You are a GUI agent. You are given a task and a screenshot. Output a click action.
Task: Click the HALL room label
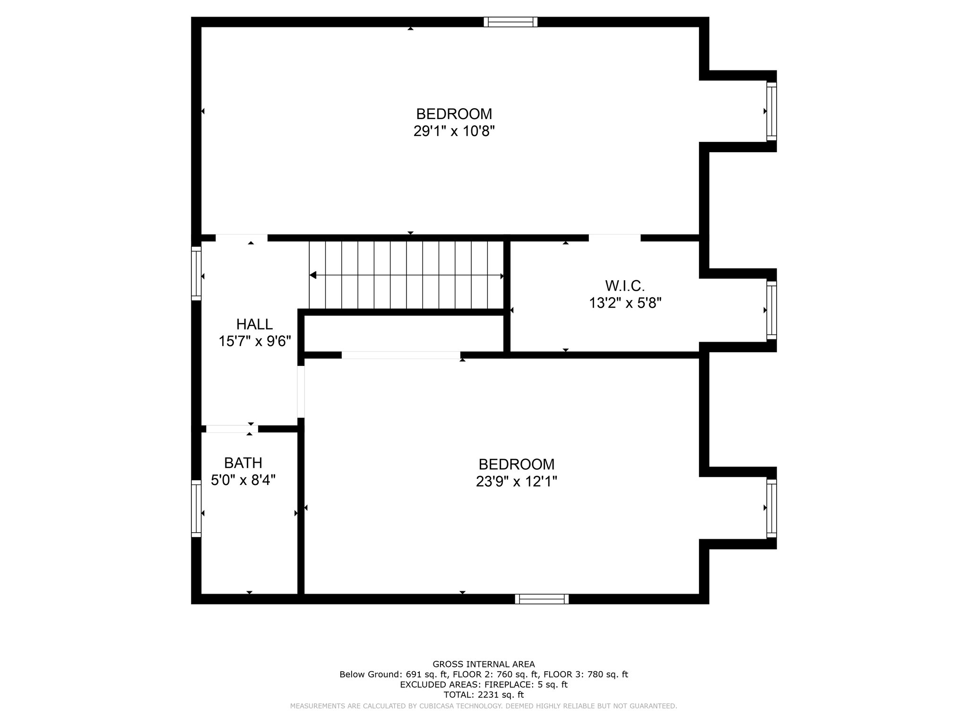click(254, 324)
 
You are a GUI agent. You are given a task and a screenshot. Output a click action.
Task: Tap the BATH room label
click(243, 463)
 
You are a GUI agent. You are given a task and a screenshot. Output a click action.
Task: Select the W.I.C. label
click(625, 286)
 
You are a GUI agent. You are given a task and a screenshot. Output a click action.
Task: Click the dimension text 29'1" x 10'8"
click(454, 131)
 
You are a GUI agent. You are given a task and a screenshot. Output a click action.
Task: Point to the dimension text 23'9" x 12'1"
click(516, 482)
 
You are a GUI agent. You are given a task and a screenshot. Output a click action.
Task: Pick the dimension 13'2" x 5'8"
click(625, 303)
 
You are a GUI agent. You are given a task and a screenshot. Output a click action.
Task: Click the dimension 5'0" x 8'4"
click(243, 480)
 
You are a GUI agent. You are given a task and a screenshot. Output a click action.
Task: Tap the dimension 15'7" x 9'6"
click(254, 341)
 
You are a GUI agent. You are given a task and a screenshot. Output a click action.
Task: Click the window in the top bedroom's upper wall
click(510, 22)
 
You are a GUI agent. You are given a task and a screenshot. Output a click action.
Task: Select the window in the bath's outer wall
click(196, 509)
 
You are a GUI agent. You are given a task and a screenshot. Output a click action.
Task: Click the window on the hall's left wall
click(196, 273)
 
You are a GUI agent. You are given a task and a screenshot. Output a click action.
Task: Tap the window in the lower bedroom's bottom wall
click(542, 599)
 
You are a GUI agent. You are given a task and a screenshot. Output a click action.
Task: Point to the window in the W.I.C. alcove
click(771, 310)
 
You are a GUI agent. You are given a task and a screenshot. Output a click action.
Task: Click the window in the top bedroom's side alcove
click(771, 111)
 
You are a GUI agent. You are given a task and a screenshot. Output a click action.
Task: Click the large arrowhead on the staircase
click(313, 275)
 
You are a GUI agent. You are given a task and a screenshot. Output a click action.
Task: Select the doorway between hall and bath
click(232, 429)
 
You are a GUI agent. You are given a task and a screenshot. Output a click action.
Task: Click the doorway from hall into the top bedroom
click(242, 238)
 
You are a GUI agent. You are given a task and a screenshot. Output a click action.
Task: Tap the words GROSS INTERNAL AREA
click(484, 664)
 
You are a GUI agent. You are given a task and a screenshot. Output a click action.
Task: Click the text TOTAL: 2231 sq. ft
click(484, 695)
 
